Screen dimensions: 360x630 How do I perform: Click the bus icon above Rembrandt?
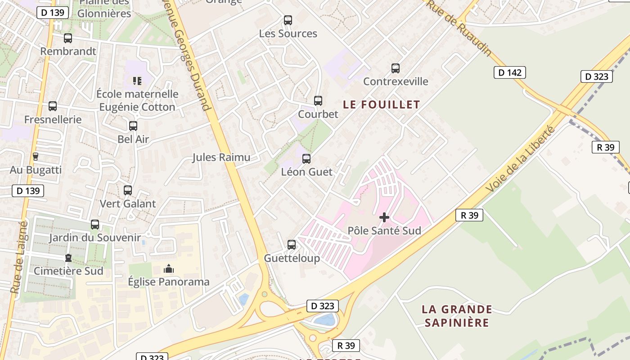click(x=68, y=38)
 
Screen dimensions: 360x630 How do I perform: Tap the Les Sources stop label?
click(x=288, y=34)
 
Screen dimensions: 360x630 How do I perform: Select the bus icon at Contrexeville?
click(x=396, y=68)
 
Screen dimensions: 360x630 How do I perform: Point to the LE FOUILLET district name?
click(x=382, y=104)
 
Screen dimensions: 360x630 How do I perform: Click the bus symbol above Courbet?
click(x=318, y=101)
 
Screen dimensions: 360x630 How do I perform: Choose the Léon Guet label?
click(x=306, y=172)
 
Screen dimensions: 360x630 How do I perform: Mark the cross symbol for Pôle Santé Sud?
click(x=384, y=218)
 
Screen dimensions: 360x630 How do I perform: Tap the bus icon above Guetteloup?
click(x=292, y=245)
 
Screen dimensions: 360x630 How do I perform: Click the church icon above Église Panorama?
click(x=169, y=269)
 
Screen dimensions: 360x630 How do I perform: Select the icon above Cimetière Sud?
click(x=68, y=258)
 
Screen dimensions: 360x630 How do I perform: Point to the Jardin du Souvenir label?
click(x=95, y=238)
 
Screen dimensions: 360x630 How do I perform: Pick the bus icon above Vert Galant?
click(x=128, y=190)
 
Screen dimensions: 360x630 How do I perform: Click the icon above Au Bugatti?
click(x=36, y=157)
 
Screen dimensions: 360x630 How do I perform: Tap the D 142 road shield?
click(x=509, y=72)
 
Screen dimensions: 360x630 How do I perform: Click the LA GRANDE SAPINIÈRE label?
click(x=457, y=316)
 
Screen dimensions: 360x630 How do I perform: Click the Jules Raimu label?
click(x=221, y=157)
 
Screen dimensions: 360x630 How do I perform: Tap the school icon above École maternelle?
click(x=137, y=81)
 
